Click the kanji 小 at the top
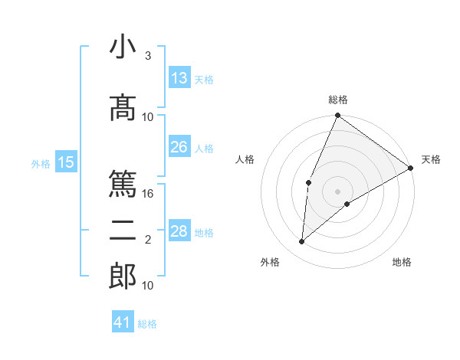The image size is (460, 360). coord(123,47)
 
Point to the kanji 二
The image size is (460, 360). coord(123,229)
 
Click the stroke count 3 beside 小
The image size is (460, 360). coord(147,56)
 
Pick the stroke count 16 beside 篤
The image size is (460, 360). coord(149,194)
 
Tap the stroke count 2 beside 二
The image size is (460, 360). coord(147,240)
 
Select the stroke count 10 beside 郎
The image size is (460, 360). coord(148,286)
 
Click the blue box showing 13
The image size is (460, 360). coord(179,78)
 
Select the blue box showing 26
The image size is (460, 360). coord(179,147)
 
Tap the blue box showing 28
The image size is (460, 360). coord(179,231)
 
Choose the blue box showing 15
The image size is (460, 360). coord(66,162)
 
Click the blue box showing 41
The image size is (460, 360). coord(123,322)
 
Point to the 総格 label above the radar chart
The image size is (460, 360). coord(338,100)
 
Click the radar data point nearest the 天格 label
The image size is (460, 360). coord(411,168)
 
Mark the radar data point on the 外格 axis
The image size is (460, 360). coord(302,242)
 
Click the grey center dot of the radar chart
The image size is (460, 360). coord(338,191)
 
